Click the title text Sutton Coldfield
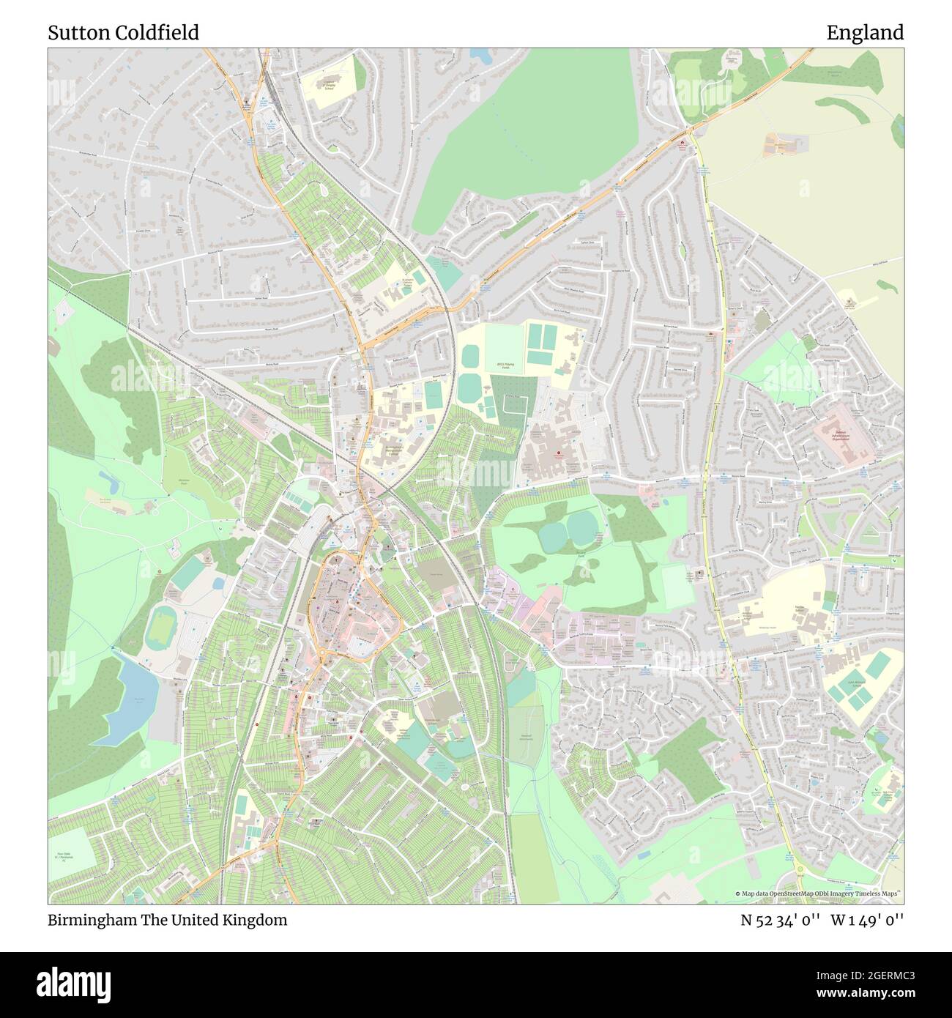pyautogui.click(x=123, y=33)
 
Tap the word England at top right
pyautogui.click(x=865, y=33)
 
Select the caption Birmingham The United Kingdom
pyautogui.click(x=168, y=920)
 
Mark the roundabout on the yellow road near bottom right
pyautogui.click(x=799, y=870)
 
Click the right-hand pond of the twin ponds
pyautogui.click(x=582, y=524)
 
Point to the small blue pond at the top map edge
pyautogui.click(x=481, y=55)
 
